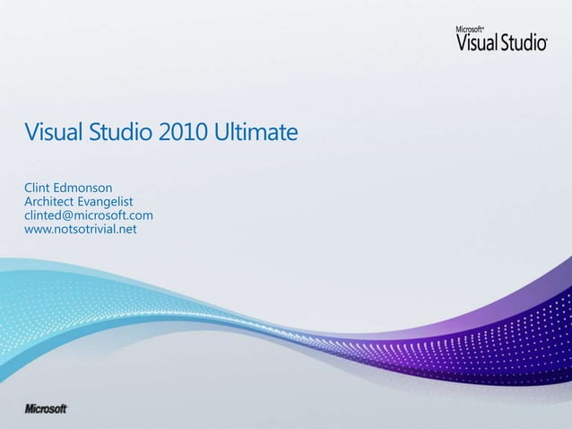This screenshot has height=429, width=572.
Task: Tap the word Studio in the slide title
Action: pyautogui.click(x=123, y=134)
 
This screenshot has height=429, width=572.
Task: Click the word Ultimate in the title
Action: pyautogui.click(x=256, y=134)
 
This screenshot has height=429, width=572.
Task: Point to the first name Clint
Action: pyautogui.click(x=41, y=189)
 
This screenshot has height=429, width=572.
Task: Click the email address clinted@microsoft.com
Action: pyautogui.click(x=89, y=215)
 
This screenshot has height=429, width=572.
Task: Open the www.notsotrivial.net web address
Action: pyautogui.click(x=82, y=229)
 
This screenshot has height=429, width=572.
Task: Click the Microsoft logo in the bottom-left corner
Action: pyautogui.click(x=47, y=408)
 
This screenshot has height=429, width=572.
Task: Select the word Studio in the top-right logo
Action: pyautogui.click(x=524, y=43)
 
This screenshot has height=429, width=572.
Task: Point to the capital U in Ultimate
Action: pyautogui.click(x=221, y=134)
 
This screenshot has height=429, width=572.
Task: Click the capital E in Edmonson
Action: pyautogui.click(x=65, y=189)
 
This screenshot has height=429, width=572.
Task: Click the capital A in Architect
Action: pyautogui.click(x=30, y=203)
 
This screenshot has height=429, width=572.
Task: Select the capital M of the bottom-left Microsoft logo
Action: pyautogui.click(x=30, y=408)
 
